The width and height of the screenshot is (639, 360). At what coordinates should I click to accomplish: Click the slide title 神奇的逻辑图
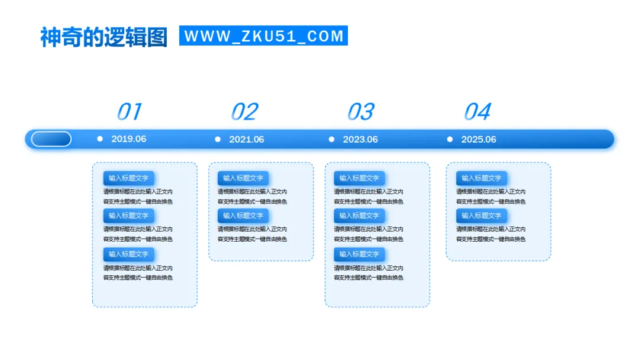click(x=104, y=37)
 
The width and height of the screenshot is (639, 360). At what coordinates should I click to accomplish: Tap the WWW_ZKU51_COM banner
click(x=263, y=36)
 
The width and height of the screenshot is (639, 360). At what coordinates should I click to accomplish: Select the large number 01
click(x=129, y=111)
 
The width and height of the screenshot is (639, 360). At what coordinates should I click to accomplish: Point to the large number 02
click(x=244, y=111)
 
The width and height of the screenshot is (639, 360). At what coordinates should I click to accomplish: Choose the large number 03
click(x=360, y=111)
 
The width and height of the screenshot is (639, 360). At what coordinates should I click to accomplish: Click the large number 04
click(x=477, y=111)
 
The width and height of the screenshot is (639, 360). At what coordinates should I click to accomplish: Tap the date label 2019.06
click(x=128, y=139)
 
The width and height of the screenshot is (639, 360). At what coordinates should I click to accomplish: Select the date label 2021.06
click(x=246, y=140)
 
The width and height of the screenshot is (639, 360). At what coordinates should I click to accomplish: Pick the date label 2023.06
click(x=360, y=140)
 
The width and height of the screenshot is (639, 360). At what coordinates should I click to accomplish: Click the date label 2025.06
click(x=479, y=140)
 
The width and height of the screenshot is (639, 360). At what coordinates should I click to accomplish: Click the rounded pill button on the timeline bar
click(x=51, y=139)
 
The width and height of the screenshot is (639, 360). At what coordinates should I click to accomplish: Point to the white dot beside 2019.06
click(x=100, y=139)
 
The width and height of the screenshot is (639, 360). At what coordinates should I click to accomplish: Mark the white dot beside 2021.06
click(x=218, y=139)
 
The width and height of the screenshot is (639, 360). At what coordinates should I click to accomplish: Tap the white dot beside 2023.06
click(x=331, y=139)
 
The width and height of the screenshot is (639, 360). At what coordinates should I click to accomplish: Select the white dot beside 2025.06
click(x=450, y=139)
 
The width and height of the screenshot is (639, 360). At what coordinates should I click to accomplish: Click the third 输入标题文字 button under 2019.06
click(x=129, y=254)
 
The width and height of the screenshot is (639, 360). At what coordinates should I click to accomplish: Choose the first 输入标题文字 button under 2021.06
click(x=243, y=178)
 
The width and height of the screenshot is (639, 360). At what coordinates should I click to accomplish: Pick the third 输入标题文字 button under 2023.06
click(x=359, y=254)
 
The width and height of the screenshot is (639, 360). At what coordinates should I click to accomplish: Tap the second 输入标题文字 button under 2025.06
click(x=481, y=216)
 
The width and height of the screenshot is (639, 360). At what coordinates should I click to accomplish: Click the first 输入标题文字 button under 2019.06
click(x=129, y=178)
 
